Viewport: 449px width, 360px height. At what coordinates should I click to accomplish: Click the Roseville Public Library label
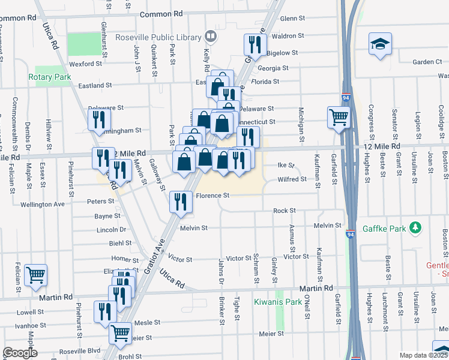coord(159,37)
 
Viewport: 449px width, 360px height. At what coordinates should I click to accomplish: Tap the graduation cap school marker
coord(379,44)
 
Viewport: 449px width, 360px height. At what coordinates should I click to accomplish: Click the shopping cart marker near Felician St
coord(36,275)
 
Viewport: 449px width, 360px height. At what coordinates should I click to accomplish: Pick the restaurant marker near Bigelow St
coord(255,45)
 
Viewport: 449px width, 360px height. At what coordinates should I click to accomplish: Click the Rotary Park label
coord(50,77)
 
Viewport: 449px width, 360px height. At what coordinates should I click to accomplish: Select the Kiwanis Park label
coord(277,302)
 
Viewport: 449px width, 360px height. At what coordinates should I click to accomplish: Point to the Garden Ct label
coord(427,62)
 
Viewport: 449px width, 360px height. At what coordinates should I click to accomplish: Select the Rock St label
coord(285,211)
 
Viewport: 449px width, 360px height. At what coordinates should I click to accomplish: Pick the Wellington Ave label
coord(43,204)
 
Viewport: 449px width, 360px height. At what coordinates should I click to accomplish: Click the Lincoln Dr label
coord(111,229)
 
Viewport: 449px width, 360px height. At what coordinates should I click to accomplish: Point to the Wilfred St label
coord(292,179)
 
